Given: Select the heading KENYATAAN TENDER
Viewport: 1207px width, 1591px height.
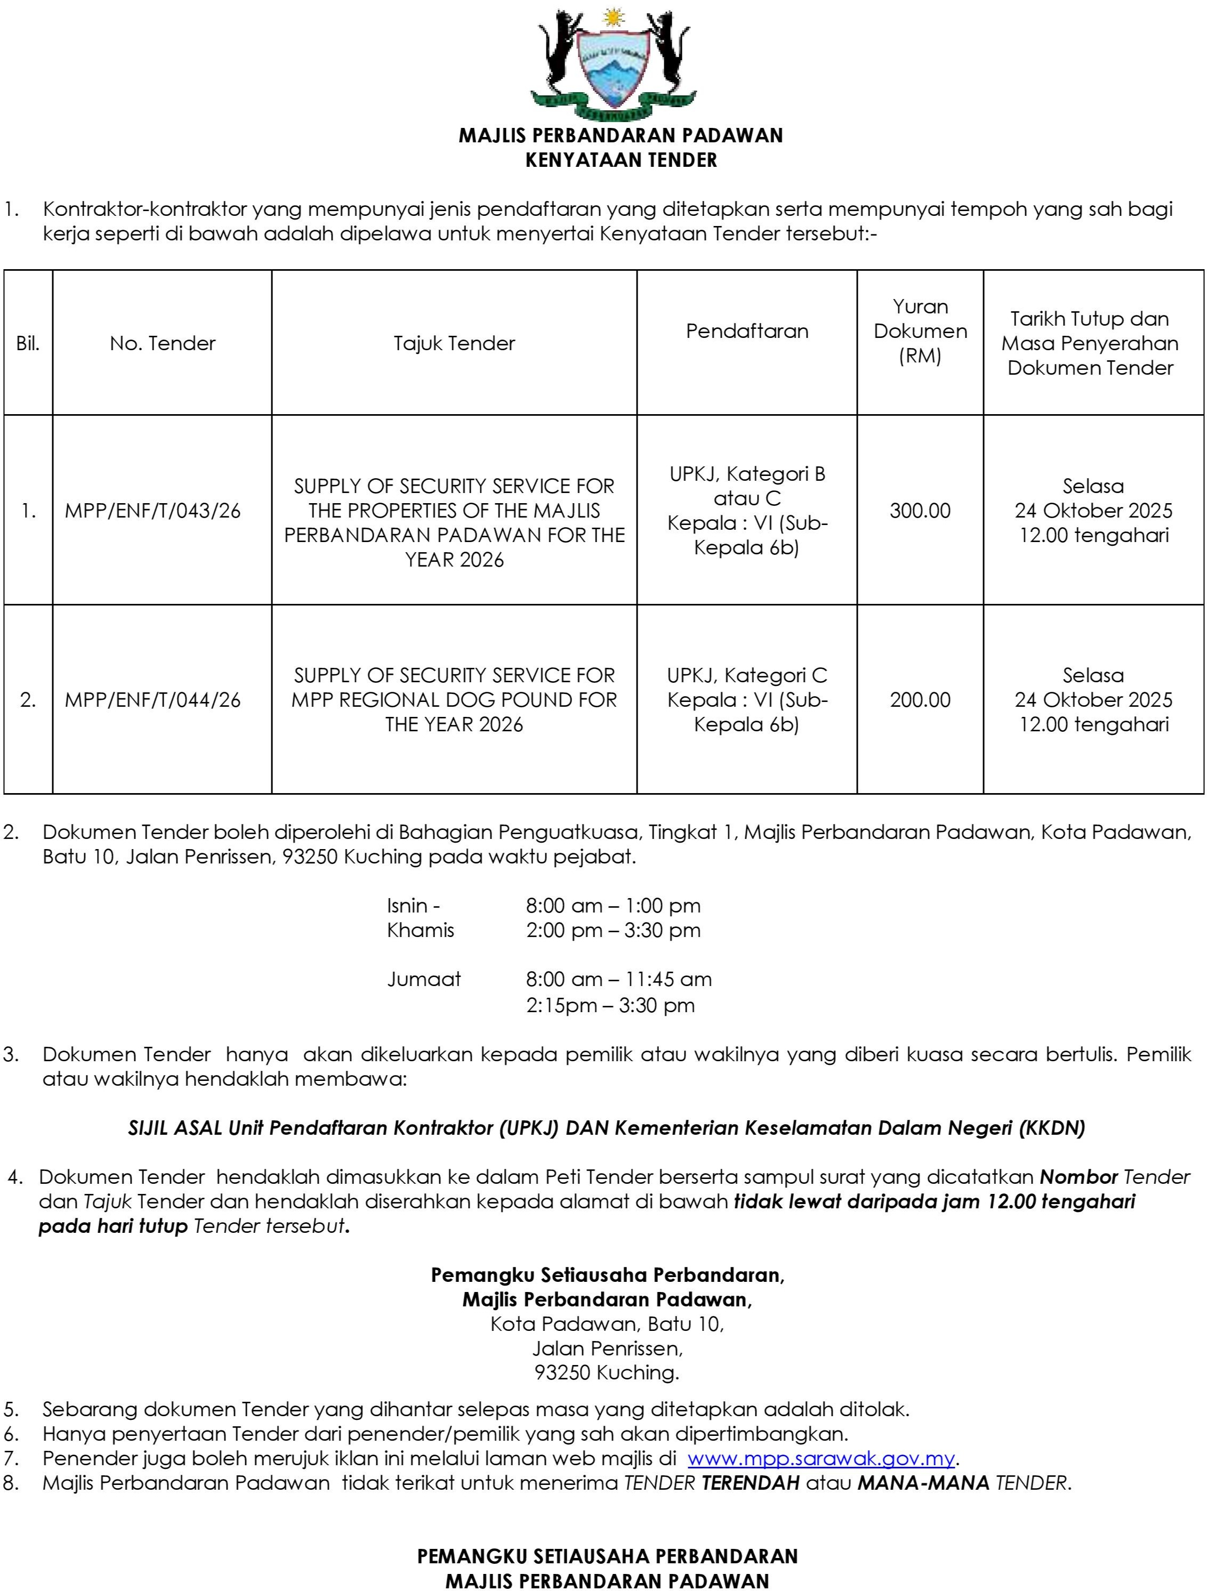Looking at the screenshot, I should tap(621, 160).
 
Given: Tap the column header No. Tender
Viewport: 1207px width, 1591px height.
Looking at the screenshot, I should tap(163, 343).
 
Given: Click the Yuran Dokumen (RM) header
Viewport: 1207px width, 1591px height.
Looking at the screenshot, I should tap(920, 331).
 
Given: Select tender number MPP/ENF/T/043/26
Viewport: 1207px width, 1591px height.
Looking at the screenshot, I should tap(152, 511).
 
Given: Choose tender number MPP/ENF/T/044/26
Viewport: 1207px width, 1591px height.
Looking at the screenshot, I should tap(152, 700).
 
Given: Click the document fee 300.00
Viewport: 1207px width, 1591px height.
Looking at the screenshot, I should tap(920, 511).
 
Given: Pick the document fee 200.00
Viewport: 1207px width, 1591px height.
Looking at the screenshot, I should tap(920, 700).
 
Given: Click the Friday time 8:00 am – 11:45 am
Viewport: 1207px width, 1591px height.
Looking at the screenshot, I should tap(618, 980).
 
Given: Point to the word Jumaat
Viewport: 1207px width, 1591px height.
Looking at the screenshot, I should tap(424, 980).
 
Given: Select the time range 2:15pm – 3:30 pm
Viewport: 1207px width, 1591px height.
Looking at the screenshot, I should tap(610, 1005).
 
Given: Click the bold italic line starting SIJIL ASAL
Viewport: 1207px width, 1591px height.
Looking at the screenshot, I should tap(606, 1128).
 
